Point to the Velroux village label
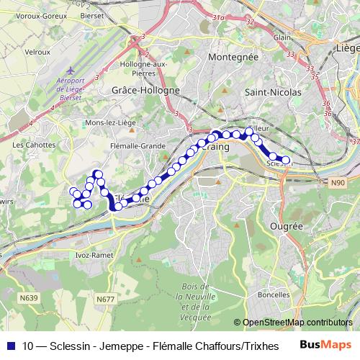click(x=37, y=52)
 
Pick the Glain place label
click(x=282, y=37)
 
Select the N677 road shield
click(x=106, y=297)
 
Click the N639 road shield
click(x=29, y=297)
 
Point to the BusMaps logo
click(x=325, y=345)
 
